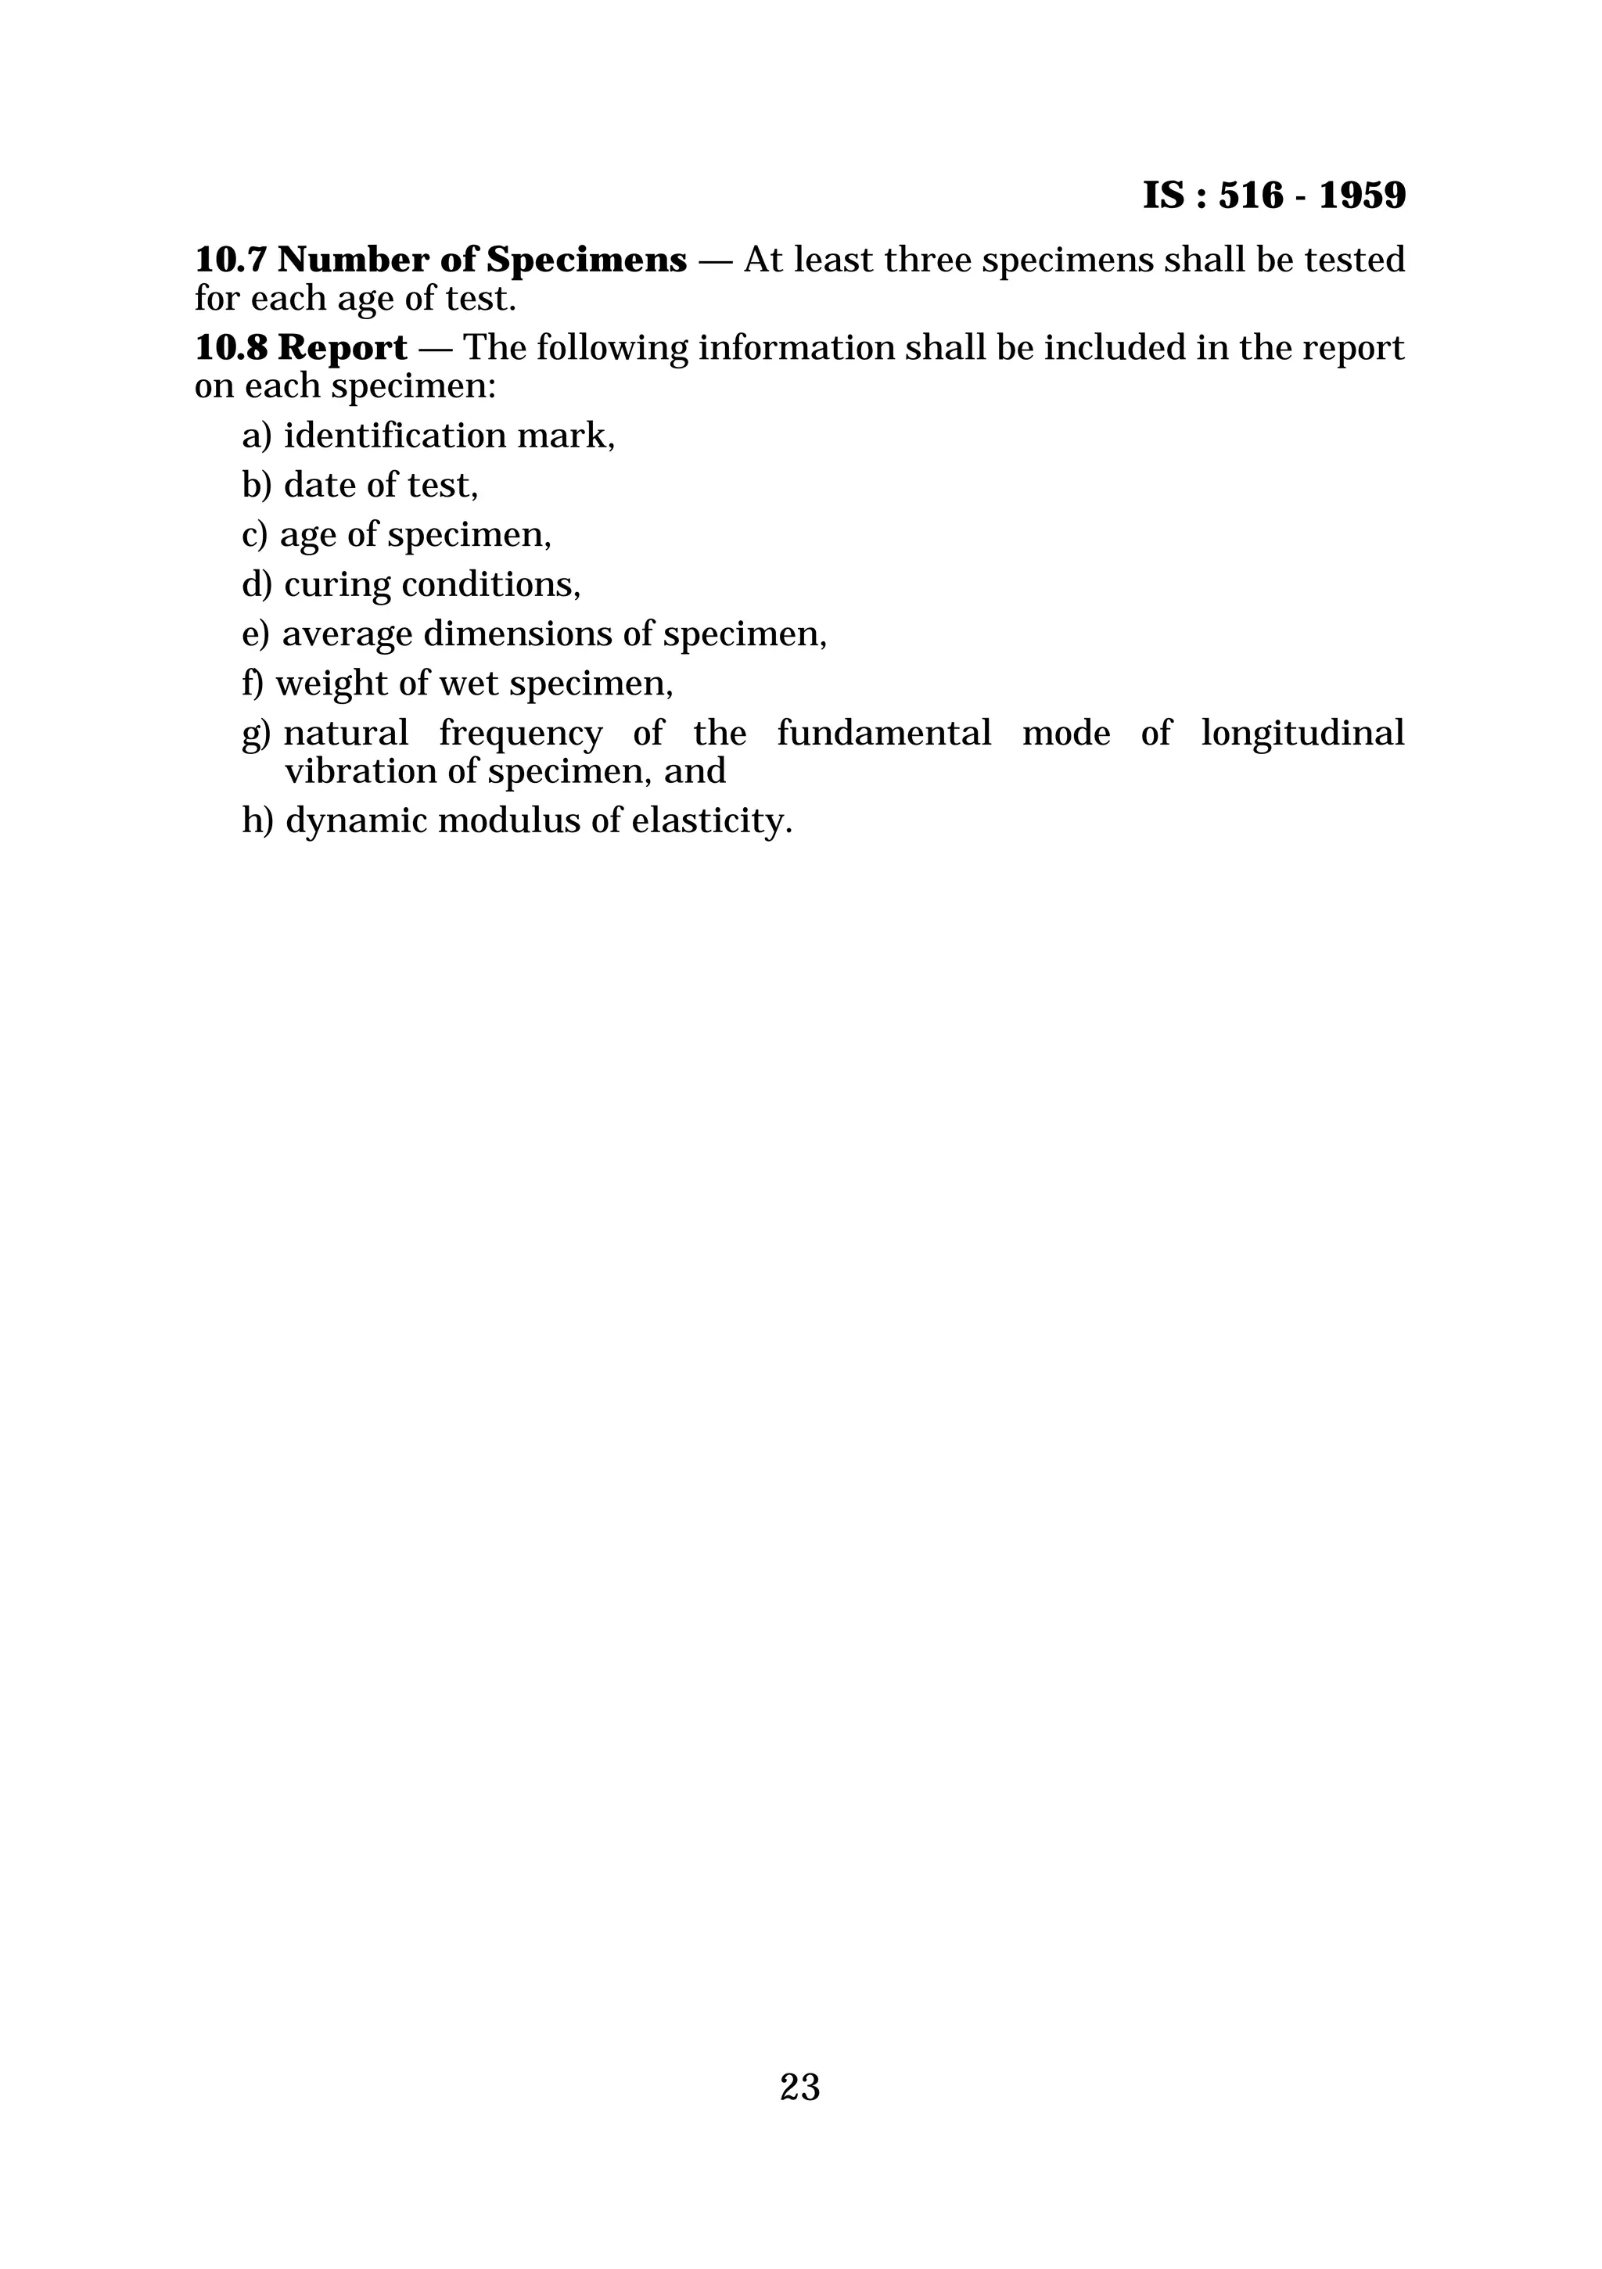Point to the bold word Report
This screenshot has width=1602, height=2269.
pos(342,348)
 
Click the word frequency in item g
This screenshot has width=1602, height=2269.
pos(520,734)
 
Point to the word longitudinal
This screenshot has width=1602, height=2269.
pos(1302,734)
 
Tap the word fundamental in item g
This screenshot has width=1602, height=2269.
pos(883,734)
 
